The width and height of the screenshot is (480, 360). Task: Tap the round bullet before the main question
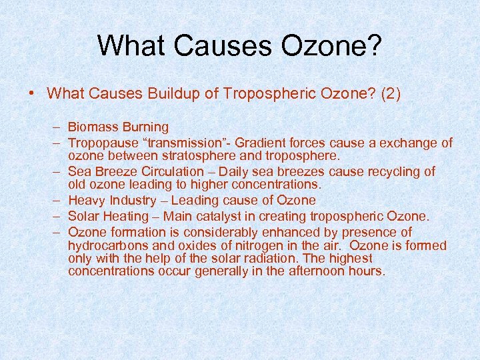(x=33, y=93)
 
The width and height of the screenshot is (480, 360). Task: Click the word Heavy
(x=85, y=200)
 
